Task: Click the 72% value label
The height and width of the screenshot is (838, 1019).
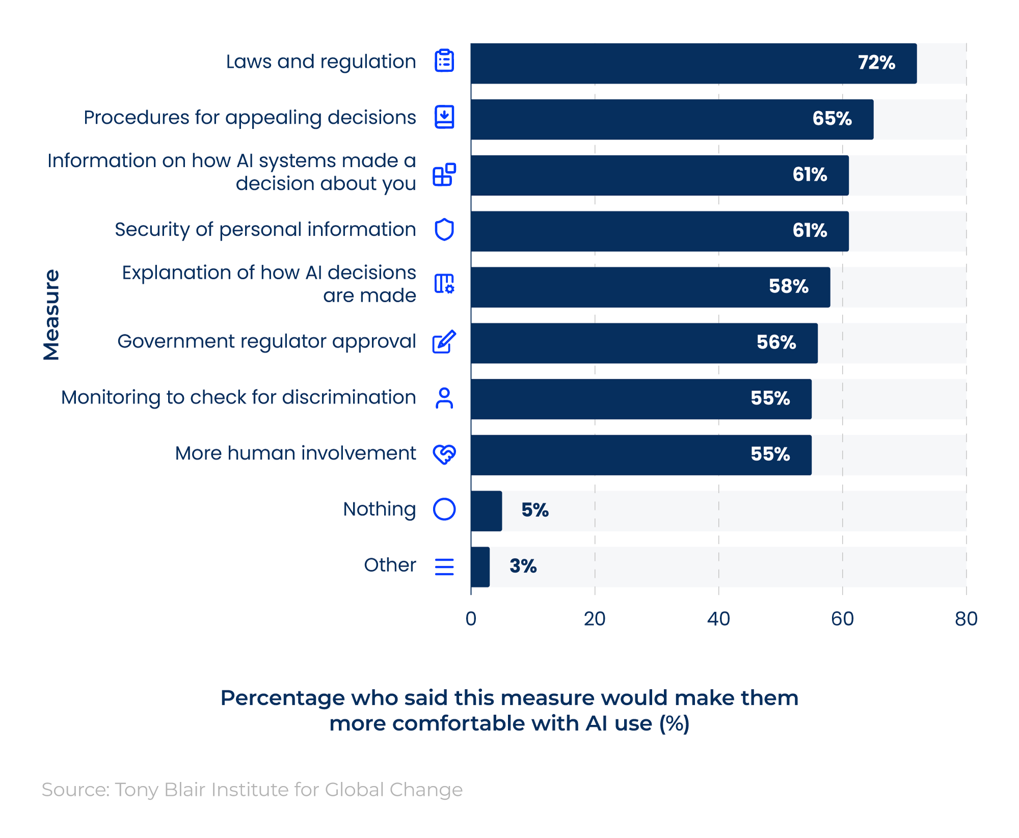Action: [x=876, y=63]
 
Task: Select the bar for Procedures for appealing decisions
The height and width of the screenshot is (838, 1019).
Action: [x=672, y=119]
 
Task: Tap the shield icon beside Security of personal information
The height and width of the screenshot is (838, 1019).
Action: [x=444, y=230]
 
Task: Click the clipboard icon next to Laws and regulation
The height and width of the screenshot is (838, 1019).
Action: [x=444, y=61]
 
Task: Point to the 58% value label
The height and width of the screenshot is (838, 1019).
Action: [x=788, y=286]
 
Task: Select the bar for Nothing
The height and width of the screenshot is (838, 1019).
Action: [x=486, y=511]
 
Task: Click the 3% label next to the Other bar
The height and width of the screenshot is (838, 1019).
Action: [x=523, y=566]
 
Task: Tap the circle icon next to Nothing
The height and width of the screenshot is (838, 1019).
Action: [x=444, y=509]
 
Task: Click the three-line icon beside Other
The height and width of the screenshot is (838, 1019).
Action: [x=444, y=566]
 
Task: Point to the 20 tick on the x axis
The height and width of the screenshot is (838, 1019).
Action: [x=594, y=619]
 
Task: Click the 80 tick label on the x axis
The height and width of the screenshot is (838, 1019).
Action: [x=966, y=619]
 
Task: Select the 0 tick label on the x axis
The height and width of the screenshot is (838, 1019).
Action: [x=471, y=619]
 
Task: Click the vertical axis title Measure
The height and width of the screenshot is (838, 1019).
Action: [x=51, y=314]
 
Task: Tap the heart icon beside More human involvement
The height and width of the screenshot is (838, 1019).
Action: [x=444, y=454]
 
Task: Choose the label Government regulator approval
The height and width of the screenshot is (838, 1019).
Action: [x=266, y=341]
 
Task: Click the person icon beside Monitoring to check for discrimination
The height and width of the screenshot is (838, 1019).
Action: [x=444, y=398]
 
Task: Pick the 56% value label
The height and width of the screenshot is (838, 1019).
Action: [x=775, y=342]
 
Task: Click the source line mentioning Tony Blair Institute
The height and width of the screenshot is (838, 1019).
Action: [x=252, y=790]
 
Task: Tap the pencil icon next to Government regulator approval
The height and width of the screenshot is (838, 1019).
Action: [x=444, y=342]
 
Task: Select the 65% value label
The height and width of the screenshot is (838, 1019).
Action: [x=832, y=119]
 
